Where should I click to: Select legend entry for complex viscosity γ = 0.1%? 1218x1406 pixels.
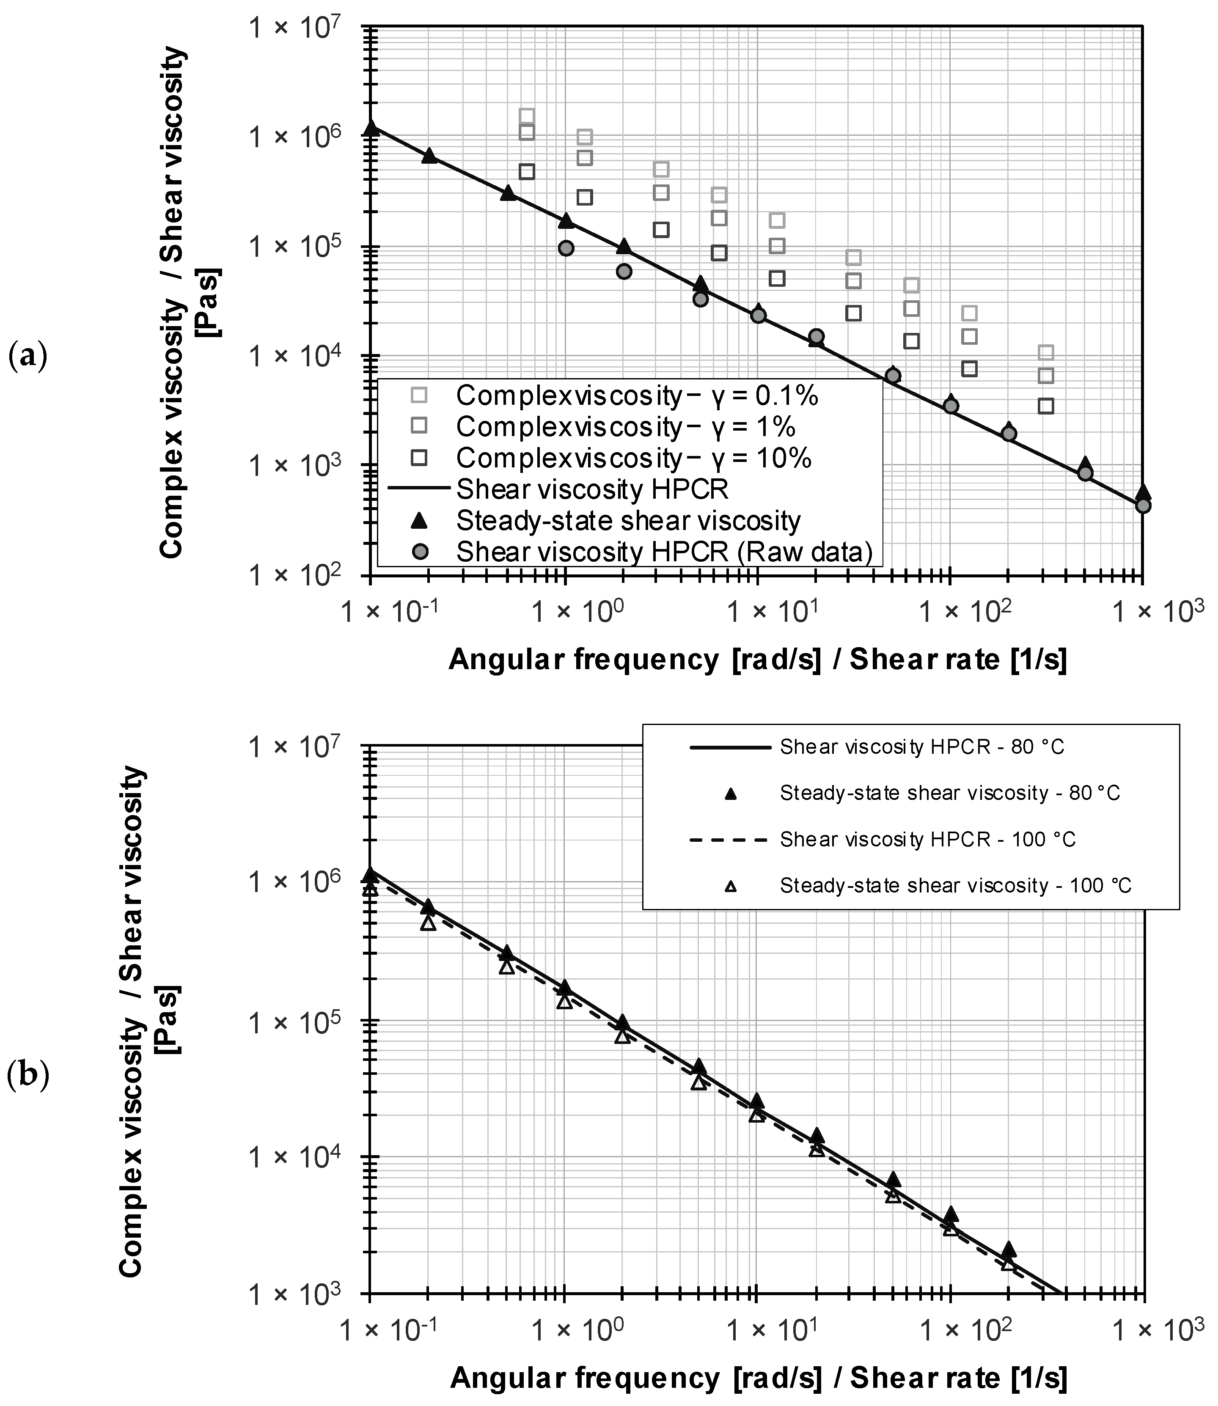pyautogui.click(x=637, y=395)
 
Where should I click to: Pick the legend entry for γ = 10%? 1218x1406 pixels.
pyautogui.click(x=633, y=458)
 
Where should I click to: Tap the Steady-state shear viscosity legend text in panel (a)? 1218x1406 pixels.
pyautogui.click(x=628, y=521)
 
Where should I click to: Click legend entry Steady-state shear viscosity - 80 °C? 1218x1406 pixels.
pyautogui.click(x=949, y=793)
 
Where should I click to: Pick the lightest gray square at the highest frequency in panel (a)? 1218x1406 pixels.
pyautogui.click(x=1047, y=352)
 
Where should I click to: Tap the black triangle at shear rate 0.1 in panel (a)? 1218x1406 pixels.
pyautogui.click(x=371, y=128)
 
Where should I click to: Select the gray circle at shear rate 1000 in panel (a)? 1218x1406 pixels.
pyautogui.click(x=1143, y=505)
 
